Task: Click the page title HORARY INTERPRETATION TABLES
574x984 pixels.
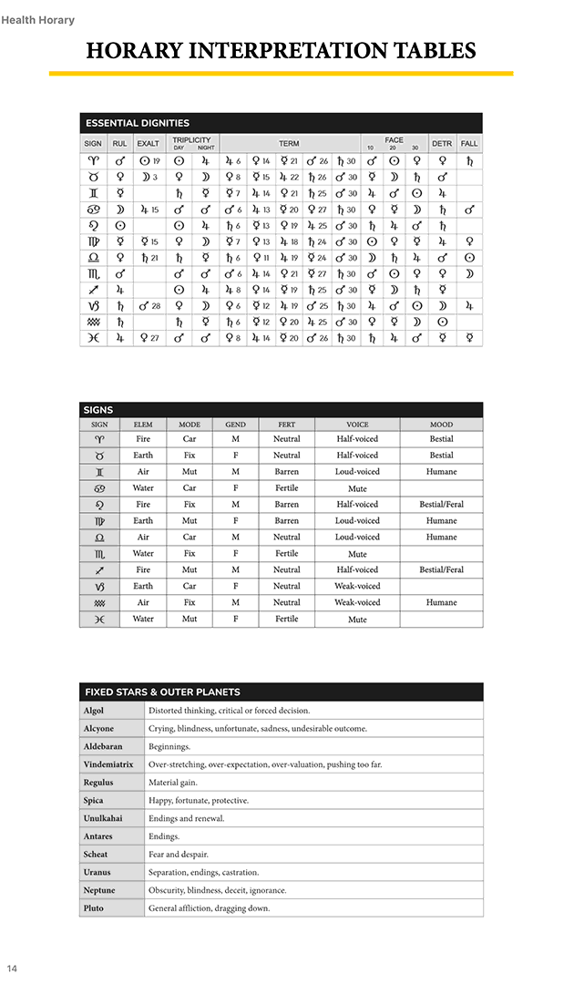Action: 281,50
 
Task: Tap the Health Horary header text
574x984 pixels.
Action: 38,20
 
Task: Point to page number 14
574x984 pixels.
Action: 12,968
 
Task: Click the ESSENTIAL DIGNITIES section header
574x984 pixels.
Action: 137,123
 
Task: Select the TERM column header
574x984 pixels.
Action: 289,144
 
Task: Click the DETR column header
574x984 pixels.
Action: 442,144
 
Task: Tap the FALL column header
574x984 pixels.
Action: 469,144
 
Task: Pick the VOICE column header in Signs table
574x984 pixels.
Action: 357,425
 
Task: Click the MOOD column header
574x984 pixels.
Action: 441,425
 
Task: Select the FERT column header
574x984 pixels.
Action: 286,425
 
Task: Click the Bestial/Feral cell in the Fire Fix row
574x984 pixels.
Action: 441,505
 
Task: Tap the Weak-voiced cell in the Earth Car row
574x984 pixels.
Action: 357,587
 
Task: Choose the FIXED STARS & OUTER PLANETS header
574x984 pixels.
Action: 162,692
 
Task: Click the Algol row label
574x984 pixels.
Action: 93,711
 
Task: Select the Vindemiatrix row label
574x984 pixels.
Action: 108,764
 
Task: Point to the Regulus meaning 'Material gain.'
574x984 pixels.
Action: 173,783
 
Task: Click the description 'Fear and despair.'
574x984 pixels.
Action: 179,855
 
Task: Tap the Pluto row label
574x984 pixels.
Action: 93,908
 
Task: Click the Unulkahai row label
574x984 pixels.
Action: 102,818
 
